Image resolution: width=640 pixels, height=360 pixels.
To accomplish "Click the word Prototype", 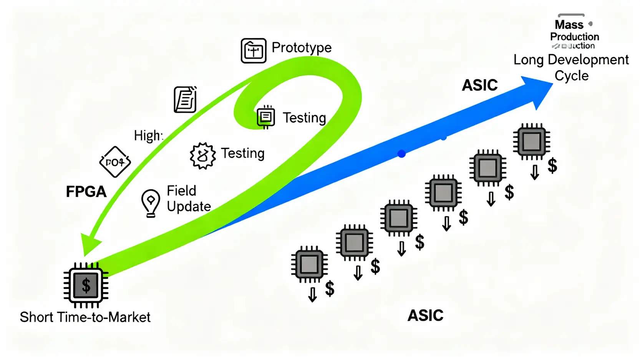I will click(301, 48).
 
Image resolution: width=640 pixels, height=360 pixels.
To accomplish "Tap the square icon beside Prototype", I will click(254, 51).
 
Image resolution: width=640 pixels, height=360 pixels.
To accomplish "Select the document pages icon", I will click(186, 99).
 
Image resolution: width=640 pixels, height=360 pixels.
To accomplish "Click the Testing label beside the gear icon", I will click(242, 153).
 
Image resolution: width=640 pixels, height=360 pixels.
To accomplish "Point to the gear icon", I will click(202, 156).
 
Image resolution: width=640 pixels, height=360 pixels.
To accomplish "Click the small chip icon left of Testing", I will click(266, 117).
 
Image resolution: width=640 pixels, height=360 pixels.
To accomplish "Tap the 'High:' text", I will click(148, 136).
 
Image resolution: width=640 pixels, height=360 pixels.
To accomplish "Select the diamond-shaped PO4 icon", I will click(115, 162).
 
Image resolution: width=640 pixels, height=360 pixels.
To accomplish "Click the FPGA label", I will click(86, 192).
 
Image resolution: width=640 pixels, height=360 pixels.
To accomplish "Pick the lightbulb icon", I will click(151, 202).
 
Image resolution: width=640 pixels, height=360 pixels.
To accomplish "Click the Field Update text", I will click(189, 199).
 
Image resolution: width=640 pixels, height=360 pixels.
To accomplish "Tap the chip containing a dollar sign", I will click(86, 285).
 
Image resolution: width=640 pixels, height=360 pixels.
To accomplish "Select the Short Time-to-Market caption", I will click(85, 317).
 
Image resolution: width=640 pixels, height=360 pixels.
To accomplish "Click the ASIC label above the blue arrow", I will click(479, 85).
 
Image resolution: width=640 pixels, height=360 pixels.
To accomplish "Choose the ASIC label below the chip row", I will click(425, 316).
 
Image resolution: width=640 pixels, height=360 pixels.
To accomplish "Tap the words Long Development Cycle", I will click(571, 68).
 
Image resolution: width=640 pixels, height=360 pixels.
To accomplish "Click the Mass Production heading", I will click(574, 31).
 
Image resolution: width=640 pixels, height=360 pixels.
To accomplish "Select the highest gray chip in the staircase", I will click(532, 141).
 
